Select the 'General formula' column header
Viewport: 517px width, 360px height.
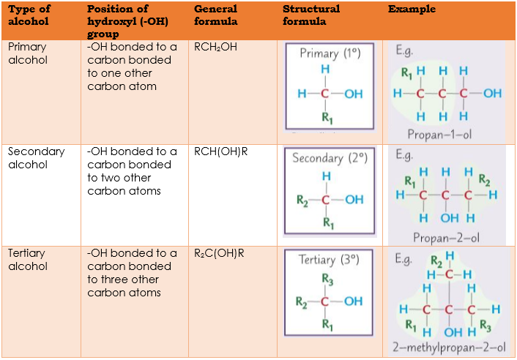(x=216, y=15)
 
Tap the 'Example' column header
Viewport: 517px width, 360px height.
(x=412, y=10)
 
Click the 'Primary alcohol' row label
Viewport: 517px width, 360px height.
(x=27, y=53)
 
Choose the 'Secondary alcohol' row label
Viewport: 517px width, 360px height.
(x=36, y=158)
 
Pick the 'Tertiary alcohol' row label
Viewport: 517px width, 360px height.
(x=26, y=260)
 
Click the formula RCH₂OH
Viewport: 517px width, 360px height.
(x=216, y=47)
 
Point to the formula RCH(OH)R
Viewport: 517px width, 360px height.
(x=220, y=152)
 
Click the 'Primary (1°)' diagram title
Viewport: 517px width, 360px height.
(x=330, y=53)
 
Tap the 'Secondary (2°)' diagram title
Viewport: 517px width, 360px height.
(x=328, y=158)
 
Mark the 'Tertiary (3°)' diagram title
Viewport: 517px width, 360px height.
(x=328, y=260)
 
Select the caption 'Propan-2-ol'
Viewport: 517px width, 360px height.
(x=446, y=237)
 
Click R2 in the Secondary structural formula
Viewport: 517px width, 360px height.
(x=302, y=199)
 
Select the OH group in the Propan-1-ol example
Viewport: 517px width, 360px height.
(x=492, y=94)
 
